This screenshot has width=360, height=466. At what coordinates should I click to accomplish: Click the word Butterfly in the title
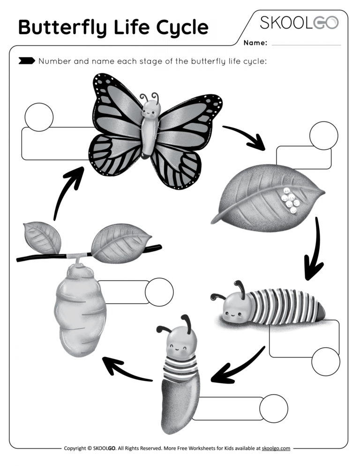coord(62,28)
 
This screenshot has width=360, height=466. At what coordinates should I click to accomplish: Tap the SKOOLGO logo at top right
coord(299,23)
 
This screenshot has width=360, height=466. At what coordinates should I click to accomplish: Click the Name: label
coord(255,43)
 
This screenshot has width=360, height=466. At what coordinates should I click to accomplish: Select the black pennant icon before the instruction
coord(26,60)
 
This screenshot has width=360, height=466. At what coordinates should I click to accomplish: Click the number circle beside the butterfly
coord(39,117)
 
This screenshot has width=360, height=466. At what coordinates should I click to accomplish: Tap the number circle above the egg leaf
coord(323,135)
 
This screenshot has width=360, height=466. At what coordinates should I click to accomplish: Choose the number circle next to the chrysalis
coord(159,292)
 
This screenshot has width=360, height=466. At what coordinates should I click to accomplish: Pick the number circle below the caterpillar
coord(325,361)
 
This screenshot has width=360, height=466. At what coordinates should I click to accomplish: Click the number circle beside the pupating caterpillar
coord(273,408)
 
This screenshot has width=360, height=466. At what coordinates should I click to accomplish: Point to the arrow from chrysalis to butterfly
coord(68,190)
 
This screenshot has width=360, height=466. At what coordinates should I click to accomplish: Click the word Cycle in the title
coord(181,28)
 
